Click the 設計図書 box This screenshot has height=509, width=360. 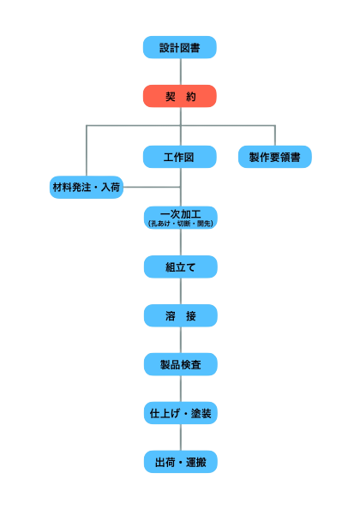coord(180,47)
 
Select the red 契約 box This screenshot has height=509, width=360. coord(180,96)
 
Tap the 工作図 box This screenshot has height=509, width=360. coord(180,157)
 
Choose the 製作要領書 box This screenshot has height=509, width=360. coord(275,157)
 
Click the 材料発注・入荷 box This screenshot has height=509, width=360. coord(86,187)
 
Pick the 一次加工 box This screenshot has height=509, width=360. coord(180,214)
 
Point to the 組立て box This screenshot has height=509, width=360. coord(180,266)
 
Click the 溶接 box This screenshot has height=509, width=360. coord(180,315)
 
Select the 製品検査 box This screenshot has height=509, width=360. coord(180,364)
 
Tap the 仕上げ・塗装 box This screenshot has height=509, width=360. coord(180,413)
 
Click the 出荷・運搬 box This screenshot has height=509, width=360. coord(180,462)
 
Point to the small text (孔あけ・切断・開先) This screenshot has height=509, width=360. coord(180,223)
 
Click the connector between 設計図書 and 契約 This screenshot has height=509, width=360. coord(180,72)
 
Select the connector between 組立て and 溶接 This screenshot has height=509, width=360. coord(180,291)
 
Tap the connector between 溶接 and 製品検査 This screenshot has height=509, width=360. coord(180,340)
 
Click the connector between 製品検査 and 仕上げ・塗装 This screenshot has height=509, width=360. coord(180,389)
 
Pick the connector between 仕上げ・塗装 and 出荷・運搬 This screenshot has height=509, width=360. coord(180,438)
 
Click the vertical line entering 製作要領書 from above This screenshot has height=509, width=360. coord(275,135)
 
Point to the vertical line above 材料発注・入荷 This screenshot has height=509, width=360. coord(86,150)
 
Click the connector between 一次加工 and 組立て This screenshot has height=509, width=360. coord(180,242)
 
